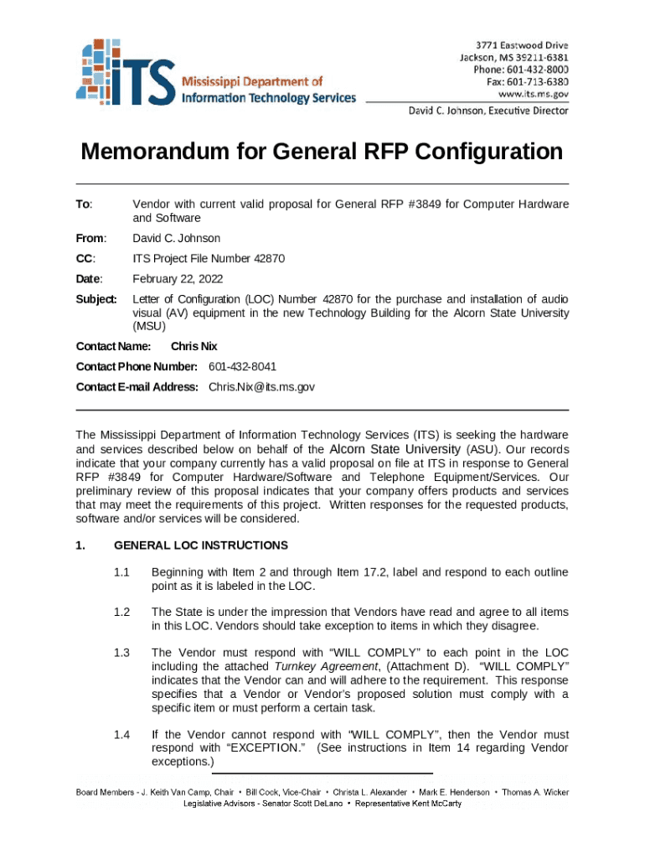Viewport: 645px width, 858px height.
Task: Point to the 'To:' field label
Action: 85,204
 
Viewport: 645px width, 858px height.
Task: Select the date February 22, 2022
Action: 178,279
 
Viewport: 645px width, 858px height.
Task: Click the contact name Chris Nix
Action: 194,346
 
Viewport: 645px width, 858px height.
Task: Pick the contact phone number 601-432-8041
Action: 242,367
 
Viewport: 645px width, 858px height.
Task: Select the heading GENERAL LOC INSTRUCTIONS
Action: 200,545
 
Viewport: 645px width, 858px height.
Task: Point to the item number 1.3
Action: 121,652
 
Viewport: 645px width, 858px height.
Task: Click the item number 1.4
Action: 121,734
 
